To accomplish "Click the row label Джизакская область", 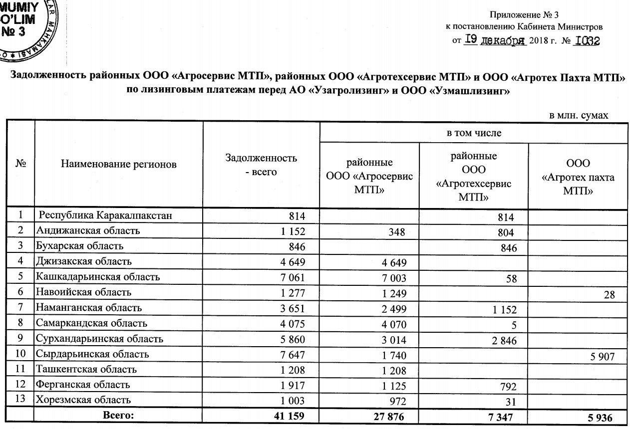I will click(x=83, y=262).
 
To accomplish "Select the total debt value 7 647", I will click(x=289, y=355).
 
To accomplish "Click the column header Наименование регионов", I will click(x=119, y=164).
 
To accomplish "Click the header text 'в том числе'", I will click(x=473, y=133).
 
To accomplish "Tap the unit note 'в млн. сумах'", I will click(x=579, y=115).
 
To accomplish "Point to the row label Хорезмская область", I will click(x=83, y=400).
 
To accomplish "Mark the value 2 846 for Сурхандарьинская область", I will click(x=499, y=341).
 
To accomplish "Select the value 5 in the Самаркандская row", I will click(x=510, y=326).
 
